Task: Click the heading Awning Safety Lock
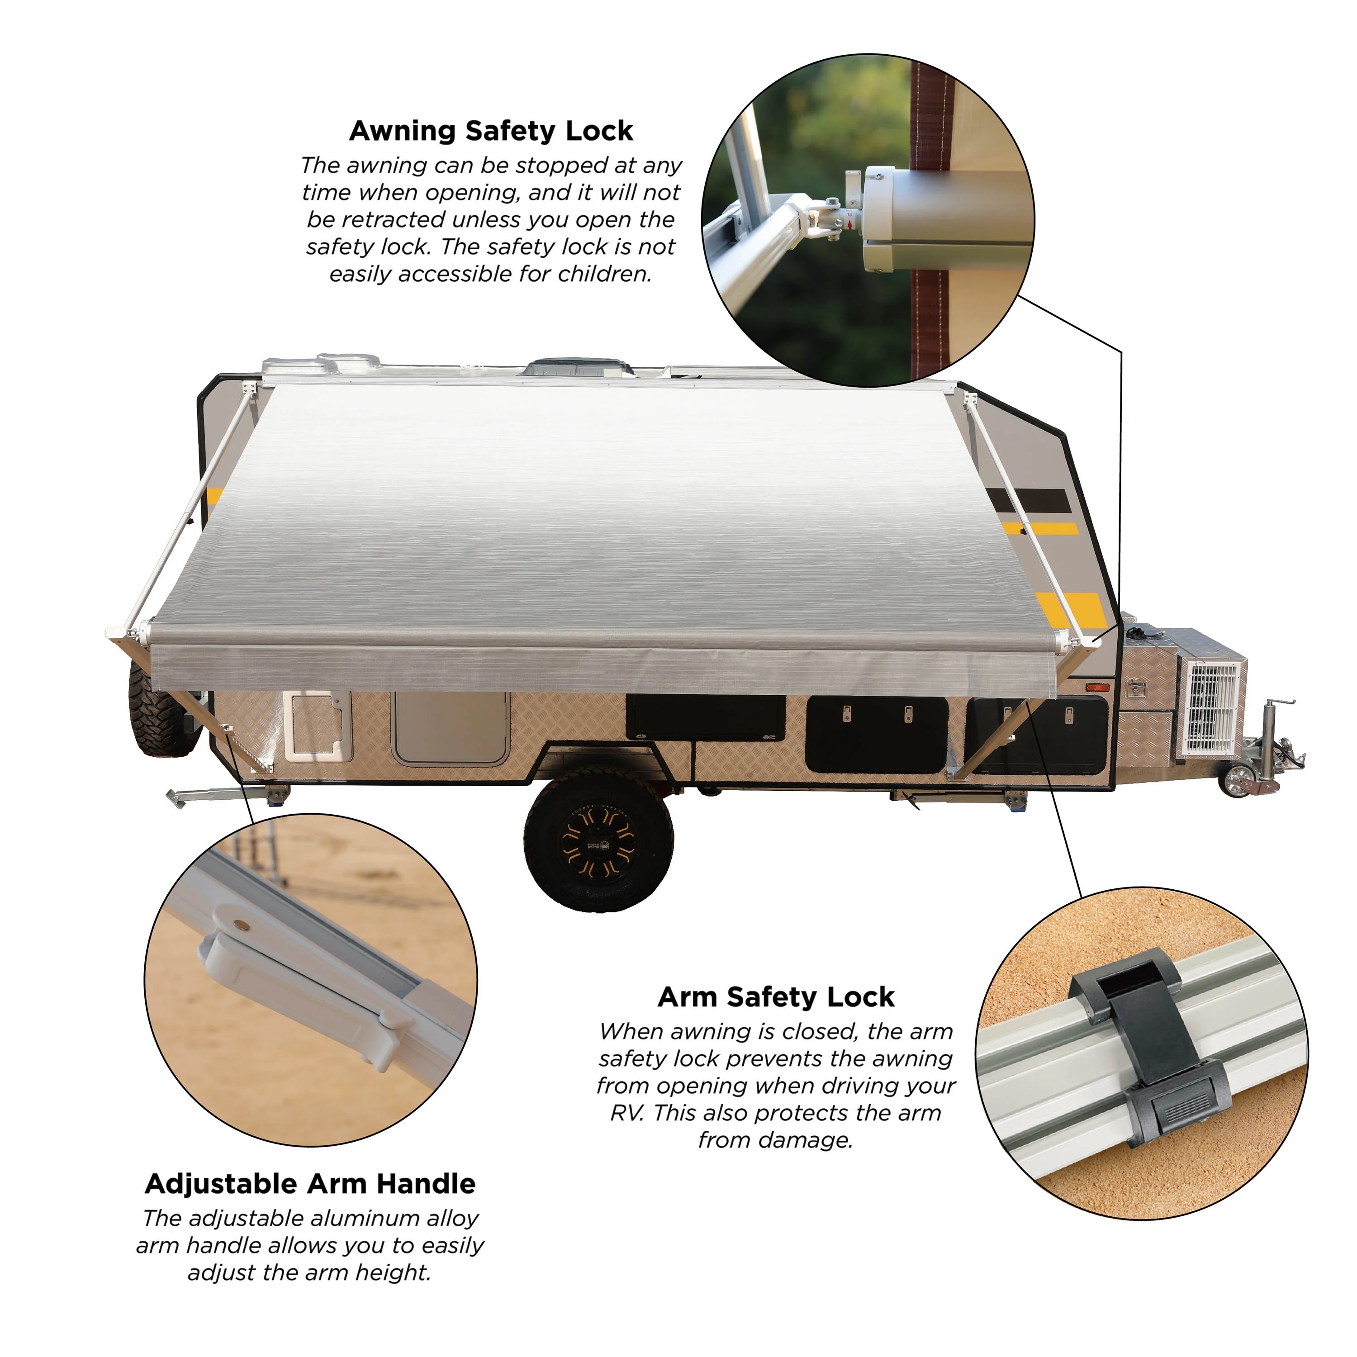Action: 491,131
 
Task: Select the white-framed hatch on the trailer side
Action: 318,727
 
